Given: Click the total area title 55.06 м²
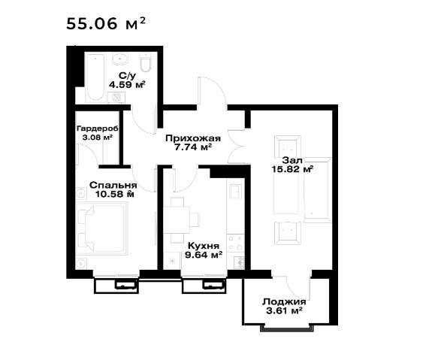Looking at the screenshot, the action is pyautogui.click(x=106, y=23).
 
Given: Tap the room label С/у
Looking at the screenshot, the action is pyautogui.click(x=127, y=76).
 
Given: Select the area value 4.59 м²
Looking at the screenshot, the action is pyautogui.click(x=128, y=84).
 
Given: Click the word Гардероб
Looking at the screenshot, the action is pyautogui.click(x=98, y=129).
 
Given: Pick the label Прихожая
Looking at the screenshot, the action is pyautogui.click(x=193, y=138).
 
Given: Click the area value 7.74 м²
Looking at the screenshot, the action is pyautogui.click(x=193, y=147).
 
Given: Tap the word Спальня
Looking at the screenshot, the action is pyautogui.click(x=113, y=185).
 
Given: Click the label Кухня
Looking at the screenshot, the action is pyautogui.click(x=204, y=246).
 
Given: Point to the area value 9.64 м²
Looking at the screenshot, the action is pyautogui.click(x=204, y=255).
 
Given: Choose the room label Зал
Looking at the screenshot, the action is pyautogui.click(x=292, y=160).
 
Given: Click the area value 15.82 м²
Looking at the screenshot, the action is pyautogui.click(x=292, y=169).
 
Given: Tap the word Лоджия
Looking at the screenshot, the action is pyautogui.click(x=284, y=302).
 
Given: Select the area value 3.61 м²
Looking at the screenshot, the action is pyautogui.click(x=284, y=311).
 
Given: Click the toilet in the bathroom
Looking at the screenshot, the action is pyautogui.click(x=146, y=62).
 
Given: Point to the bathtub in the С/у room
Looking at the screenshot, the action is pyautogui.click(x=95, y=77).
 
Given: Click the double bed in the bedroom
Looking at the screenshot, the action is pyautogui.click(x=105, y=227).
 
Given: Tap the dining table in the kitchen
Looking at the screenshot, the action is pyautogui.click(x=177, y=220).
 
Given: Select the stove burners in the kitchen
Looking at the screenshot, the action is pyautogui.click(x=236, y=243).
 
